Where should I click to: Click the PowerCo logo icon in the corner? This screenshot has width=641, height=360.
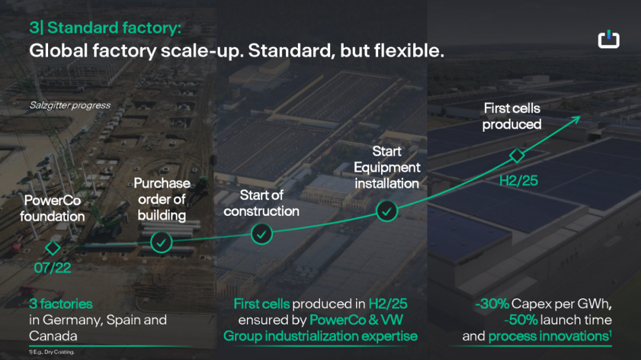pyautogui.click(x=608, y=39)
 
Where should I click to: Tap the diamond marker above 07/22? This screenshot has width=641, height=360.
pyautogui.click(x=52, y=248)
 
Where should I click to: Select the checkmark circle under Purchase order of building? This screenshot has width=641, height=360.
pyautogui.click(x=161, y=243)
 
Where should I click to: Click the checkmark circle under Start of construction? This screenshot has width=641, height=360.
pyautogui.click(x=262, y=234)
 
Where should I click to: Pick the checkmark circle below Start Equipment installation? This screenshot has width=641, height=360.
pyautogui.click(x=386, y=211)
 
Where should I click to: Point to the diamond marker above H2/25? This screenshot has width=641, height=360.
pyautogui.click(x=517, y=155)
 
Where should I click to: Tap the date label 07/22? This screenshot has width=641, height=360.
pyautogui.click(x=52, y=268)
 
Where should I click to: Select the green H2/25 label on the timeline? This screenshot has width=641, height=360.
pyautogui.click(x=518, y=181)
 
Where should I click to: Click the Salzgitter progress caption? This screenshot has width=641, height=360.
pyautogui.click(x=70, y=106)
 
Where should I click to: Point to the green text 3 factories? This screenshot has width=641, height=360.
pyautogui.click(x=61, y=304)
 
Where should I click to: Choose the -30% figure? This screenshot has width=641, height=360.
pyautogui.click(x=492, y=304)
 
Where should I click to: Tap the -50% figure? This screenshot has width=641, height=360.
pyautogui.click(x=521, y=320)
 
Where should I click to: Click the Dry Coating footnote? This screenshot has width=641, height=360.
pyautogui.click(x=52, y=352)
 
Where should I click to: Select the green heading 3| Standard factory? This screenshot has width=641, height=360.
pyautogui.click(x=105, y=28)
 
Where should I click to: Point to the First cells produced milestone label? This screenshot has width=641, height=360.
pyautogui.click(x=512, y=116)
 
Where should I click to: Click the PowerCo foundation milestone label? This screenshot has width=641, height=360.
pyautogui.click(x=52, y=208)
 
